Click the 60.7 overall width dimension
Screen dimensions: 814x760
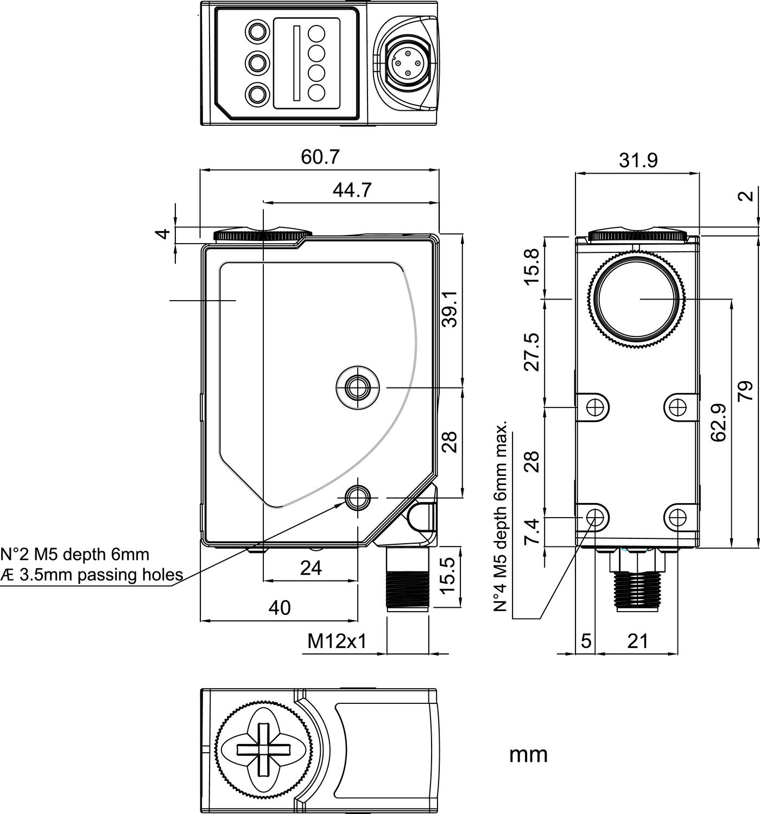(x=320, y=157)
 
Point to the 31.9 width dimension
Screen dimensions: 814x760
(x=638, y=161)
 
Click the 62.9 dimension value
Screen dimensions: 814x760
(x=719, y=422)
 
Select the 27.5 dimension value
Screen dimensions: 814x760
(x=533, y=352)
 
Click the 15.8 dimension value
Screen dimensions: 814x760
(x=533, y=266)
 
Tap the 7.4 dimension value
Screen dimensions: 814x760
(x=533, y=531)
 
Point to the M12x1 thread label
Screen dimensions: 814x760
(x=337, y=641)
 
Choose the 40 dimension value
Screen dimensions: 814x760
(x=280, y=608)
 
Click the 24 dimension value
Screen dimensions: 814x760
(x=311, y=568)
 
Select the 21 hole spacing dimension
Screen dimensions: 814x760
(x=638, y=641)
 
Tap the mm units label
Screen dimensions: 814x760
(x=528, y=754)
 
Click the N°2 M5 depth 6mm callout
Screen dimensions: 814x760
(x=75, y=554)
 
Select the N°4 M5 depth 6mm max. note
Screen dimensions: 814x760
(x=502, y=516)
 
